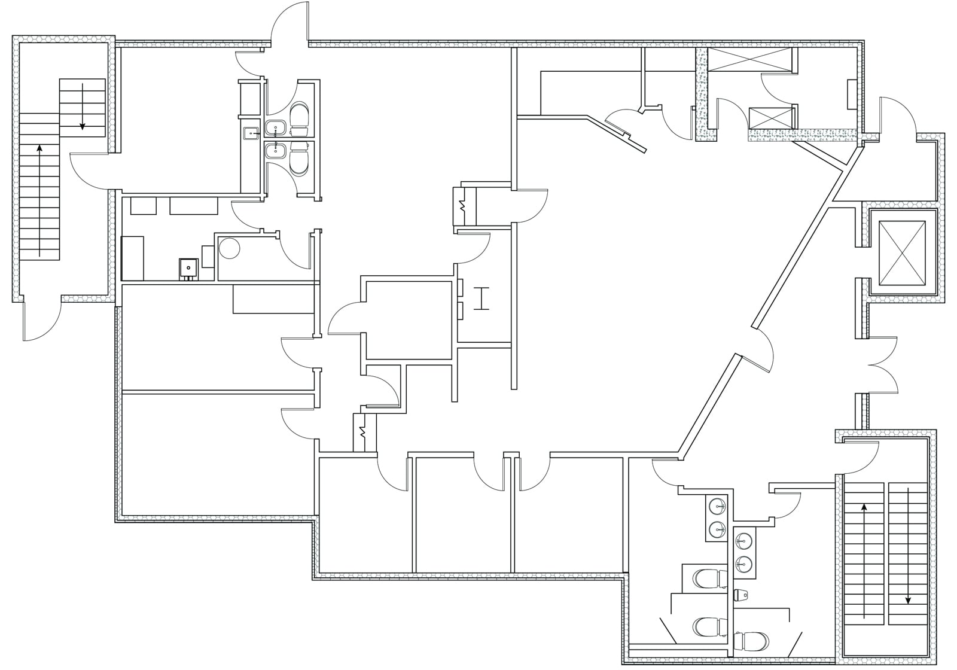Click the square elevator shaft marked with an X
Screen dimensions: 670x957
pyautogui.click(x=903, y=251)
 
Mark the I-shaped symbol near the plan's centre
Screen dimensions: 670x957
pyautogui.click(x=481, y=299)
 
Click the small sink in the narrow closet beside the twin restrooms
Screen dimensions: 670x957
pyautogui.click(x=251, y=133)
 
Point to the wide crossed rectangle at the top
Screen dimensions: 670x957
pyautogui.click(x=749, y=60)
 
